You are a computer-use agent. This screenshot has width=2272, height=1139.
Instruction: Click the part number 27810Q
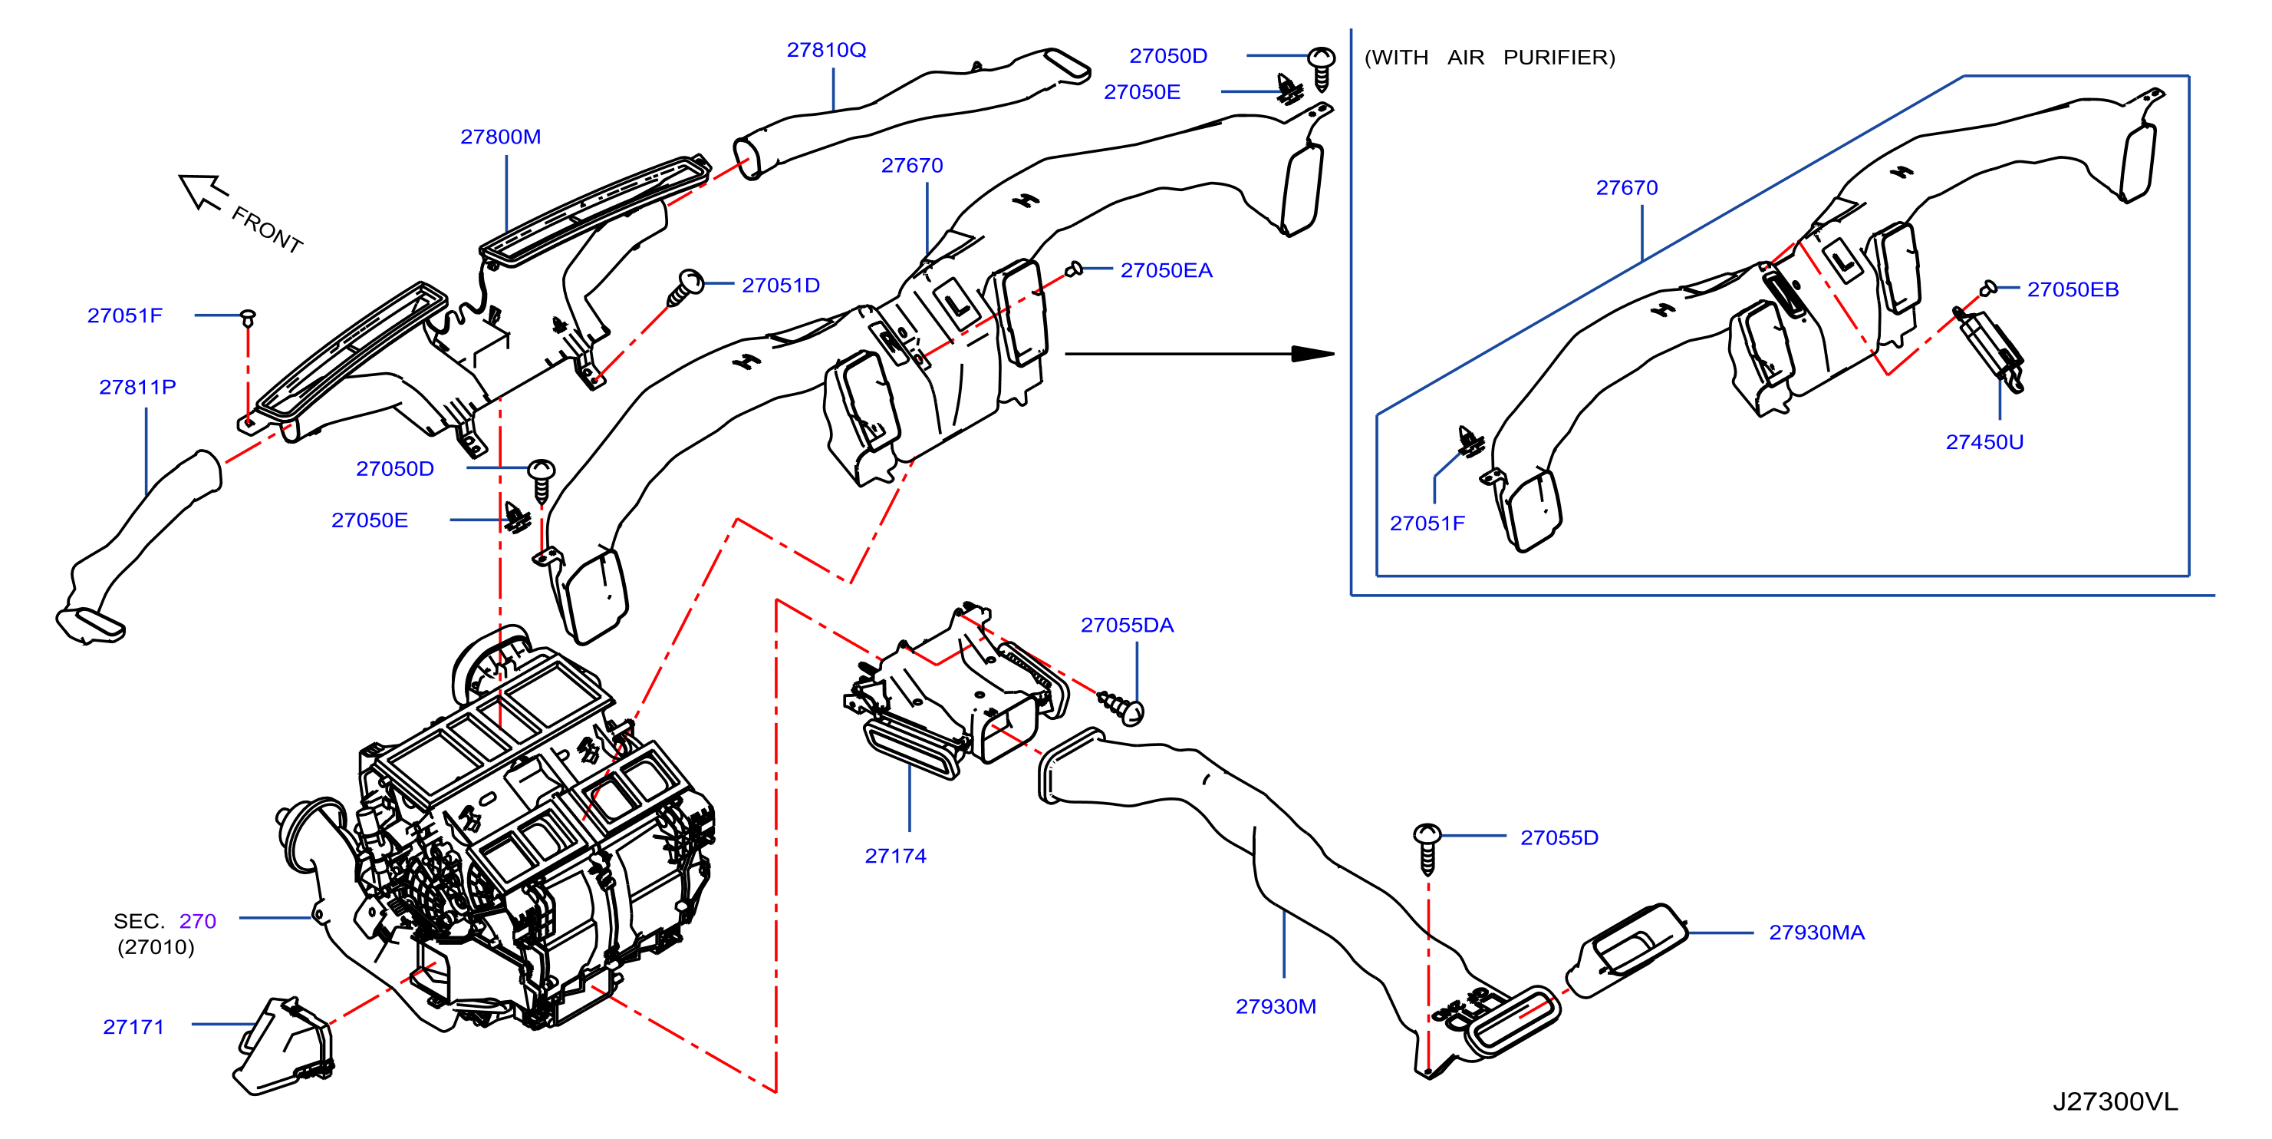(x=825, y=51)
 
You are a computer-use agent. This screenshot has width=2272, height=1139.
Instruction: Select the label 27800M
(x=500, y=137)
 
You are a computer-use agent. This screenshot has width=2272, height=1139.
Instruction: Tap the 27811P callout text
(x=137, y=388)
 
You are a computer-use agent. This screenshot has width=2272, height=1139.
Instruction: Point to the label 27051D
(x=781, y=285)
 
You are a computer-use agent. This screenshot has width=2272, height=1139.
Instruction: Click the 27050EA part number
(x=1166, y=270)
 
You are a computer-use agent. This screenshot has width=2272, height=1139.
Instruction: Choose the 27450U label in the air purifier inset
(x=1984, y=442)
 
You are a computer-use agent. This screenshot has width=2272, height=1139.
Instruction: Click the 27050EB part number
(x=2073, y=289)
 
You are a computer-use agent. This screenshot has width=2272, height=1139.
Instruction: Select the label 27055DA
(x=1128, y=625)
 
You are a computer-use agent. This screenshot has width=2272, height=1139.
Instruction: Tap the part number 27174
(x=895, y=856)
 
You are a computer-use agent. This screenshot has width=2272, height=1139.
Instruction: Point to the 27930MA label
(x=1817, y=933)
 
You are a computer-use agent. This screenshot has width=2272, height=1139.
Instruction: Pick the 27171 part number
(x=133, y=1027)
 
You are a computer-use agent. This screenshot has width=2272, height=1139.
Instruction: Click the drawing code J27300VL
(x=2115, y=1101)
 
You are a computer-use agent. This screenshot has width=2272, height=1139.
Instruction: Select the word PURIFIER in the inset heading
(x=1559, y=58)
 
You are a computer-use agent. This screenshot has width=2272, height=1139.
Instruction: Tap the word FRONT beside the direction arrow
(x=267, y=229)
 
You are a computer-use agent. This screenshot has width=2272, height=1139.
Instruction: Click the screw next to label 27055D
(x=1427, y=848)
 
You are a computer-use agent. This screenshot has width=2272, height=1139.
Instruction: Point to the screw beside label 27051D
(x=684, y=288)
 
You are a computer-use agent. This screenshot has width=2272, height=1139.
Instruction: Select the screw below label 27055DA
(x=1121, y=708)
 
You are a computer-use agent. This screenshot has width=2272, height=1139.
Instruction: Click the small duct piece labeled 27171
(x=284, y=1047)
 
